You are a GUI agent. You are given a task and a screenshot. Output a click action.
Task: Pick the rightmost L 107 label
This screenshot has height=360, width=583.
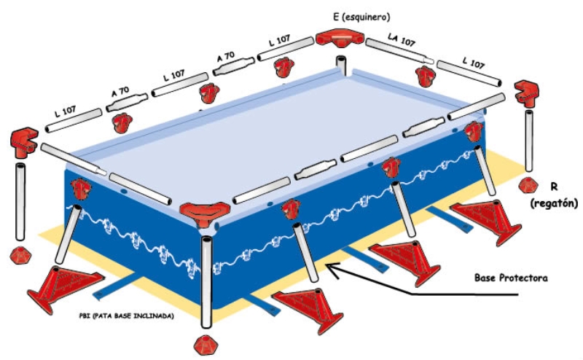pyautogui.click(x=474, y=65)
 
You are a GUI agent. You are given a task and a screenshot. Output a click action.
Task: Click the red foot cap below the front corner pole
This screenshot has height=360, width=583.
pyautogui.click(x=204, y=343)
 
